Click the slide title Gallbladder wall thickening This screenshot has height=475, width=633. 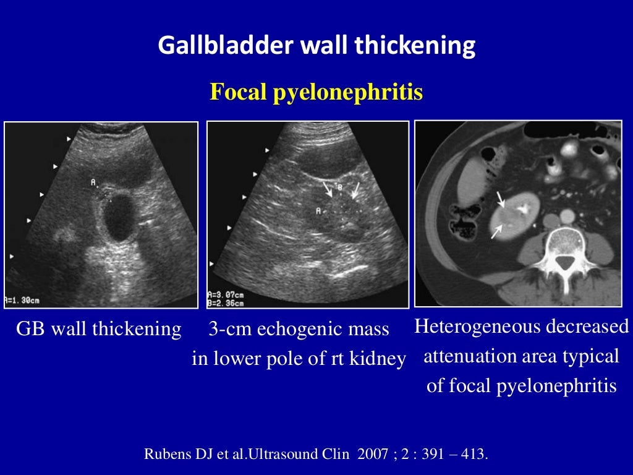point(316,46)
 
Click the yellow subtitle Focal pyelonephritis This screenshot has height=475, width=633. point(316,92)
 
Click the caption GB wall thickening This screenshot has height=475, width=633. point(98,329)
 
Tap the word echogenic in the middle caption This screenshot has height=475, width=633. point(296,329)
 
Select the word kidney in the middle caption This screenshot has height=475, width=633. point(380,359)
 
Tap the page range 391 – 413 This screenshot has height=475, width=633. point(456,455)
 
